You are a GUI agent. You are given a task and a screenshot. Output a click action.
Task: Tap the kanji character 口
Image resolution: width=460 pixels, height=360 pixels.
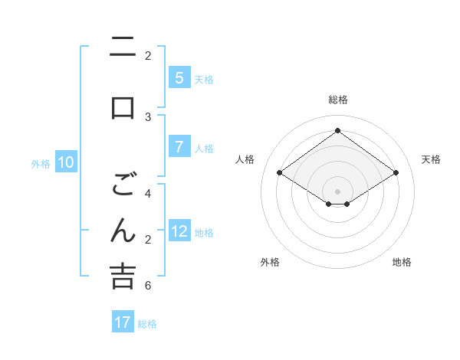coord(122,106)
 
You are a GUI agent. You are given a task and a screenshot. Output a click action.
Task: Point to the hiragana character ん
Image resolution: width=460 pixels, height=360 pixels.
coord(122,231)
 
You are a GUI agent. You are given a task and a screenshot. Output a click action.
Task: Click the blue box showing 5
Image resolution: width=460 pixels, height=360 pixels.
coord(179,78)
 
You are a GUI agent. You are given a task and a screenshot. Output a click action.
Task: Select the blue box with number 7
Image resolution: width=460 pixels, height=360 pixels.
coord(179,147)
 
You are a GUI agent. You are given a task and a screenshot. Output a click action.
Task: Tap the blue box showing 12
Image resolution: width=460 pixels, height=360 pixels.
coord(179,231)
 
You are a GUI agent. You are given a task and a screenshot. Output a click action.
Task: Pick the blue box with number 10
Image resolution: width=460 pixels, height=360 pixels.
coord(66,162)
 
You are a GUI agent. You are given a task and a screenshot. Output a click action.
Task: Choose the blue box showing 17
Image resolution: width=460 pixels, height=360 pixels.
coord(123,322)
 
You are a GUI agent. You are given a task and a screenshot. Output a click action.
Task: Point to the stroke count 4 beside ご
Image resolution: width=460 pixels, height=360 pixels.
coord(148,193)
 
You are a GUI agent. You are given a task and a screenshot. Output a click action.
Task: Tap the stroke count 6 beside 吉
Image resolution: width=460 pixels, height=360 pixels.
coord(148,286)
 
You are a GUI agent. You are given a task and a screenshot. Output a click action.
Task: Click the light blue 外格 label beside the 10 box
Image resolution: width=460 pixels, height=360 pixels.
coord(41,163)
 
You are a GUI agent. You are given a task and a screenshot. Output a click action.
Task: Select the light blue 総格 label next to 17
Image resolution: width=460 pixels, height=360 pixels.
coord(147,323)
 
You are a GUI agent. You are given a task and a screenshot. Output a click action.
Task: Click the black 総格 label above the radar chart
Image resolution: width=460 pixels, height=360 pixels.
coord(338,100)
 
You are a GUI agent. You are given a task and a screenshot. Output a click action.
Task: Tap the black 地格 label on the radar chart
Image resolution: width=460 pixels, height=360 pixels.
coord(402,262)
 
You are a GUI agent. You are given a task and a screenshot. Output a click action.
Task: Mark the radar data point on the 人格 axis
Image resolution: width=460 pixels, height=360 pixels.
coord(280,173)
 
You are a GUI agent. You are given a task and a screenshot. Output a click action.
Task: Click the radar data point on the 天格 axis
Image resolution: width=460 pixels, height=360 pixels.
coord(396,173)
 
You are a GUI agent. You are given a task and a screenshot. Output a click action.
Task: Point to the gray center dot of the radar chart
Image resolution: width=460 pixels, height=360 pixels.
coord(338,191)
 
